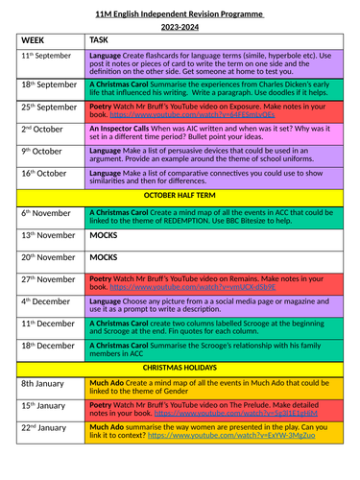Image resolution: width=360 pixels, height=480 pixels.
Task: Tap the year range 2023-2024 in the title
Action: pyautogui.click(x=180, y=25)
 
